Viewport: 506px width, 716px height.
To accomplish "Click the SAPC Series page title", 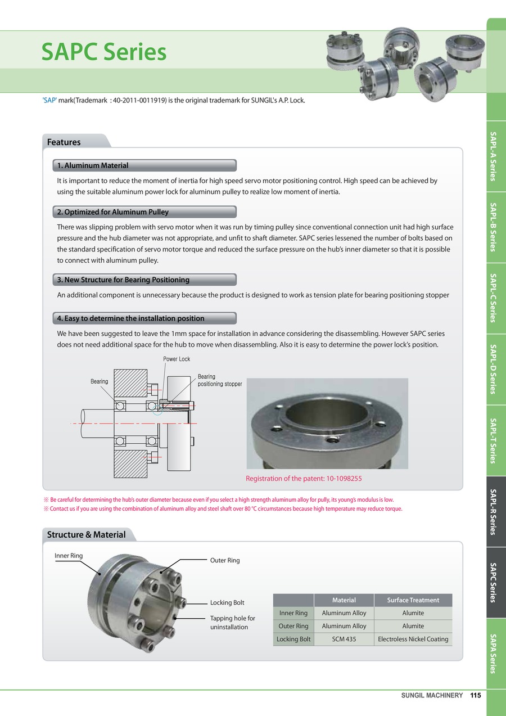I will [x=104, y=52].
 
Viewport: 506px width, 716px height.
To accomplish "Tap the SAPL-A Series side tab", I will [x=493, y=156].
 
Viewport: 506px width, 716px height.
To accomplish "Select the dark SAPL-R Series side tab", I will [x=493, y=511].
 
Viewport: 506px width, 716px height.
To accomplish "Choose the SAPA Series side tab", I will [x=493, y=653].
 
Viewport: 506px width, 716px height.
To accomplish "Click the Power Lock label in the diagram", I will [x=177, y=359].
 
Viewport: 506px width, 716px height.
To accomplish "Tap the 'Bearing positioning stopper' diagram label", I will [x=219, y=380].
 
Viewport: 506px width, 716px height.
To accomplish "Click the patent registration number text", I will [x=304, y=479].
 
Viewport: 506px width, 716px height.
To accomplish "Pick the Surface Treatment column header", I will [x=413, y=600].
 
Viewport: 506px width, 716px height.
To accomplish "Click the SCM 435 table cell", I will [x=344, y=639].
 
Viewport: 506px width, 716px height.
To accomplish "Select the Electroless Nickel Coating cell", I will [x=413, y=639].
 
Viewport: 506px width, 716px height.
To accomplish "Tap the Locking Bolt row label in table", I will [x=293, y=639].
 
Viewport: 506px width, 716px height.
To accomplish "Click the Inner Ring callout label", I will [x=69, y=556].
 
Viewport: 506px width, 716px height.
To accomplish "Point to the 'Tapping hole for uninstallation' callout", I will [x=232, y=623].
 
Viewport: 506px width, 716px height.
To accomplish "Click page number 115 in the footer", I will [x=476, y=696].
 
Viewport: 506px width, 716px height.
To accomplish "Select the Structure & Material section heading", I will [x=86, y=534].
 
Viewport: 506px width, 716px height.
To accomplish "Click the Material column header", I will [x=344, y=600].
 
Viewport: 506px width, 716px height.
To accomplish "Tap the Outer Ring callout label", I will [x=225, y=560].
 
